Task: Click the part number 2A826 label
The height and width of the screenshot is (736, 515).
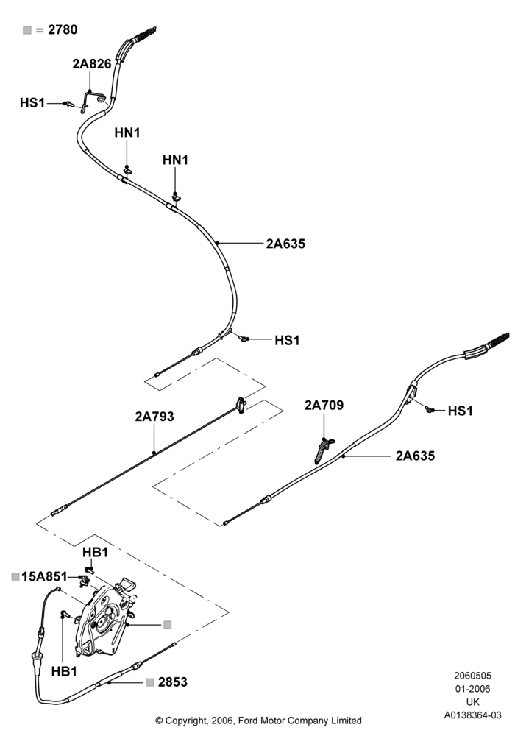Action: [x=91, y=64]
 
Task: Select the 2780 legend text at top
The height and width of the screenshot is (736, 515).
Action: [x=63, y=29]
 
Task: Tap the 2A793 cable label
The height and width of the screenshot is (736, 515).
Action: [x=154, y=417]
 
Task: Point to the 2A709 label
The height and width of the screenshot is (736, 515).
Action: [x=324, y=405]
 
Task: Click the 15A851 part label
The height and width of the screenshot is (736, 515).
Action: [x=45, y=576]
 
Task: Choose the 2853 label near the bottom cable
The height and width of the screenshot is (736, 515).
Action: [x=173, y=682]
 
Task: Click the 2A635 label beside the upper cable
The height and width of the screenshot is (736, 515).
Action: [x=285, y=244]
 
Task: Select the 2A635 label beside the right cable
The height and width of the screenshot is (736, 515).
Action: [x=415, y=456]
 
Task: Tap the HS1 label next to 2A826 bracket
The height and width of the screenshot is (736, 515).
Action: [x=32, y=103]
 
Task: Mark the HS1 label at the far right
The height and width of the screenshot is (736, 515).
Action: [x=460, y=411]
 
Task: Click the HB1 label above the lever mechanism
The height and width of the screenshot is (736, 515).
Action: [x=95, y=553]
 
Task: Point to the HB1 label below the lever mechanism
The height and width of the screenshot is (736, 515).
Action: [x=64, y=672]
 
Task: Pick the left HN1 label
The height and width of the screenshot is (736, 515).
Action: [x=127, y=132]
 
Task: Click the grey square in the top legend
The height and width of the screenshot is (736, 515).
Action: [x=27, y=30]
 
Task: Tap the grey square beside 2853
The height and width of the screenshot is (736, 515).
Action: [x=150, y=682]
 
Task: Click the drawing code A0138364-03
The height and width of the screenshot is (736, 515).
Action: [x=473, y=715]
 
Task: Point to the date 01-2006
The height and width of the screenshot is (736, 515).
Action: [x=473, y=689]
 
